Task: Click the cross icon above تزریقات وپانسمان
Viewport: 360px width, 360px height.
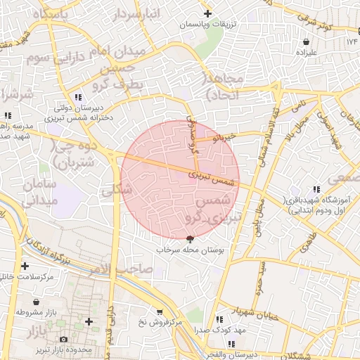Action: pos(207,13)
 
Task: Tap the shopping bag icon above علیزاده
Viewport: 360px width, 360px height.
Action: pos(312,41)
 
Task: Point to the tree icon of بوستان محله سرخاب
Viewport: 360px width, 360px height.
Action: pos(188,240)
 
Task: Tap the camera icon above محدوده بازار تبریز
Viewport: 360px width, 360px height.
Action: pos(64,340)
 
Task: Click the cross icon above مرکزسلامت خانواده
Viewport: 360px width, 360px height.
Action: pos(26,266)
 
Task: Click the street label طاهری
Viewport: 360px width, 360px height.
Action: pos(307,245)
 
